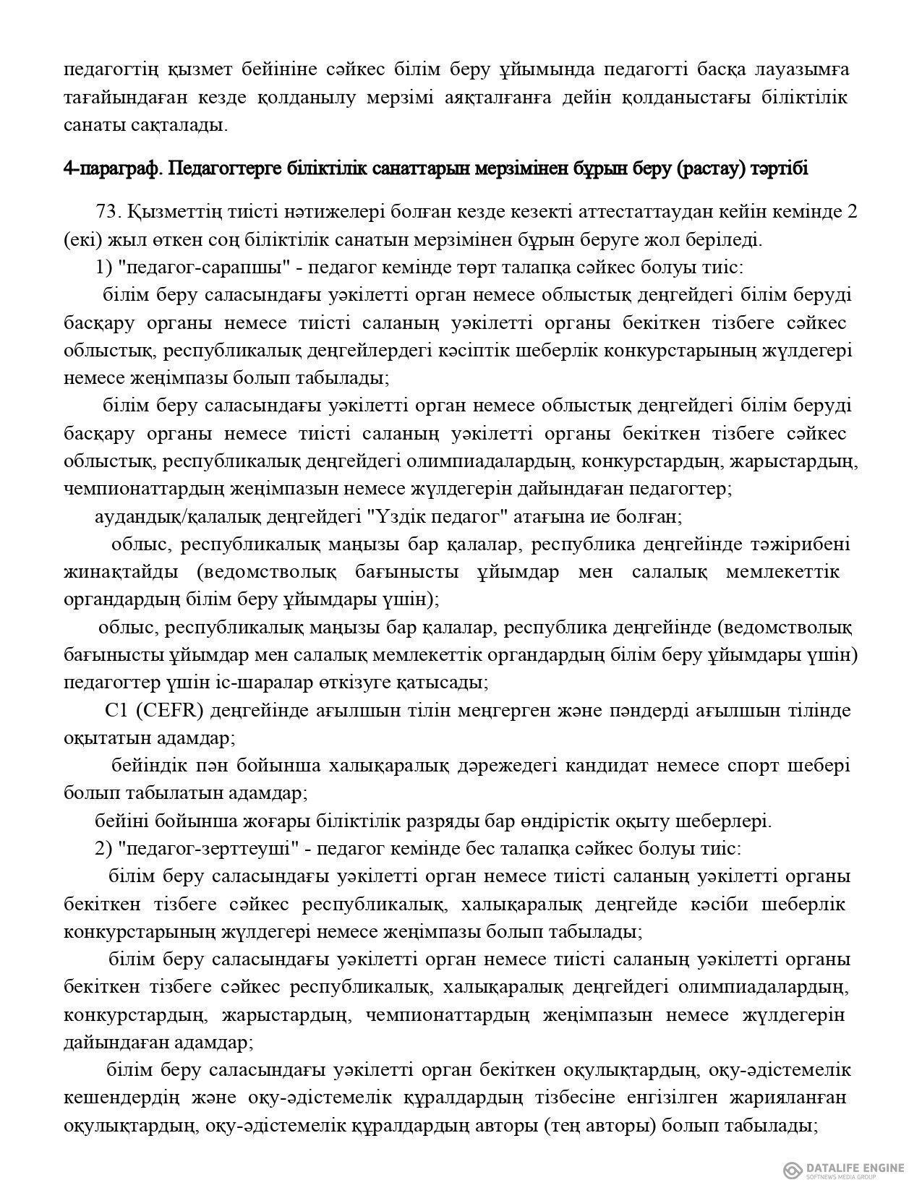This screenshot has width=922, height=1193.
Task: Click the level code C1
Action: (x=116, y=711)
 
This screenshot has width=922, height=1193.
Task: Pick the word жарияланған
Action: (x=793, y=1098)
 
